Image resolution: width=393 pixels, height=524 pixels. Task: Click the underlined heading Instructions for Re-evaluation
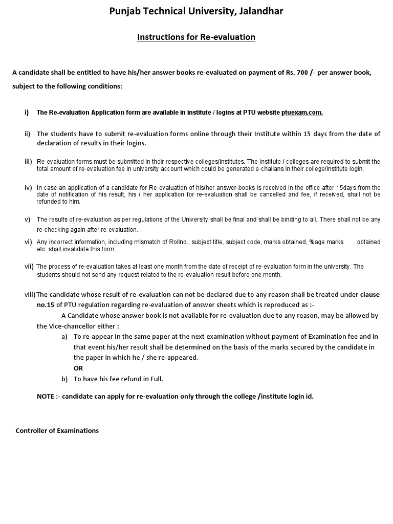pyautogui.click(x=196, y=37)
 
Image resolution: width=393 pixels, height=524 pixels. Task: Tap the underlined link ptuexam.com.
pyautogui.click(x=302, y=113)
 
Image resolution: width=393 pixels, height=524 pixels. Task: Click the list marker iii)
pyautogui.click(x=28, y=162)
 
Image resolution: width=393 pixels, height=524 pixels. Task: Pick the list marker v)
pyautogui.click(x=28, y=220)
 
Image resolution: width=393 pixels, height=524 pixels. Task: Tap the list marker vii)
pyautogui.click(x=29, y=267)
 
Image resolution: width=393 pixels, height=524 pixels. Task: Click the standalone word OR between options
pyautogui.click(x=78, y=368)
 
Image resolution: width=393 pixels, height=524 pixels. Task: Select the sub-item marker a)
pyautogui.click(x=64, y=336)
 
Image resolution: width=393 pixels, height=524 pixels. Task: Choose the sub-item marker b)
pyautogui.click(x=64, y=379)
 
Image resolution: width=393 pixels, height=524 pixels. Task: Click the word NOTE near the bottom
pyautogui.click(x=46, y=397)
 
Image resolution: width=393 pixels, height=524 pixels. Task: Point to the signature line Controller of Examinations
pyautogui.click(x=57, y=430)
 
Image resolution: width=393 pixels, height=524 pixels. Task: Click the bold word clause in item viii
pyautogui.click(x=370, y=294)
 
